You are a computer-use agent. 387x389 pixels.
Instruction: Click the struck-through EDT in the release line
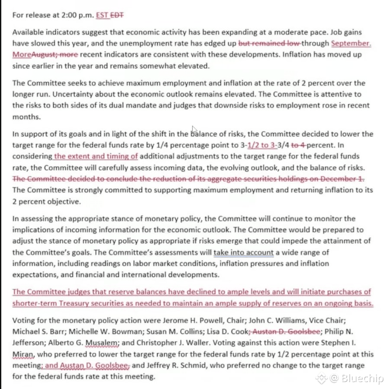pyautogui.click(x=117, y=15)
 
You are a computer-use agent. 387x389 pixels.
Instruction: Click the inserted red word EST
pyautogui.click(x=102, y=15)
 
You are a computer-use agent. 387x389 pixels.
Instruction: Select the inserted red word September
pyautogui.click(x=351, y=43)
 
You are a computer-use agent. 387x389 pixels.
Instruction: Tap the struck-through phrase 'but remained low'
pyautogui.click(x=269, y=43)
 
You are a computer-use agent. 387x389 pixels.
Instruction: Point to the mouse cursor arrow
pyautogui.click(x=194, y=130)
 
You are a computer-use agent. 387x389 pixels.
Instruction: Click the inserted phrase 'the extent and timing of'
pyautogui.click(x=96, y=156)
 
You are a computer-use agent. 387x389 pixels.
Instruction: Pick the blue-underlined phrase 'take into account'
pyautogui.click(x=243, y=252)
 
